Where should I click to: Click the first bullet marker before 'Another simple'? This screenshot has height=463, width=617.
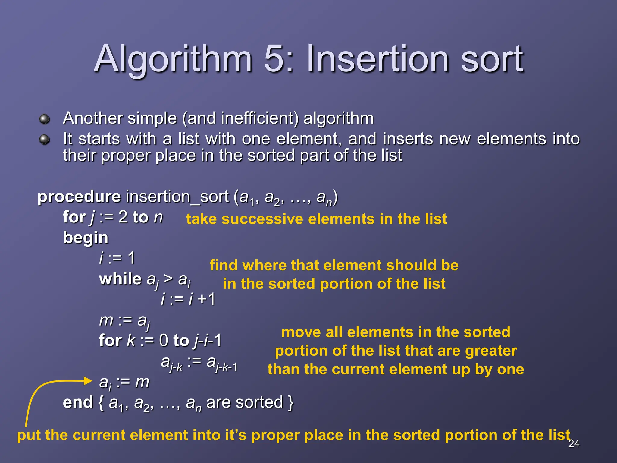tap(45, 119)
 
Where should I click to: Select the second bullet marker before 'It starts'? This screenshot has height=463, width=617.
tap(45, 140)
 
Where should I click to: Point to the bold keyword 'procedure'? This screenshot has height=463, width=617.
tap(79, 197)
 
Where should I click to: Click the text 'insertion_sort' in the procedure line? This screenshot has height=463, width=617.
tap(177, 197)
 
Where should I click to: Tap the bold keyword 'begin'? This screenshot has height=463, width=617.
tap(86, 238)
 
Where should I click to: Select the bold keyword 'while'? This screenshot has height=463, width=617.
tap(120, 279)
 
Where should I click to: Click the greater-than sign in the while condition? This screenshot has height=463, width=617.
tap(168, 279)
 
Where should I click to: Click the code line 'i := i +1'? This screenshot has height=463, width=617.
tap(188, 299)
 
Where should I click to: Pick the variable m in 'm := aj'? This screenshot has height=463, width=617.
tap(106, 320)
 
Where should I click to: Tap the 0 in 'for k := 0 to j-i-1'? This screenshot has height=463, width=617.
tap(163, 341)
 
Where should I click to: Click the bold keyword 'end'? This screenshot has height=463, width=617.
tap(77, 403)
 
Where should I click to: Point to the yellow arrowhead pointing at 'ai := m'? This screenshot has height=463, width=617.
tap(88, 381)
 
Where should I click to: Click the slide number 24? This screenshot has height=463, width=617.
tap(574, 443)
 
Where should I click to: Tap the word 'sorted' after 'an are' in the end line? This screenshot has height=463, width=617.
tap(259, 403)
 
